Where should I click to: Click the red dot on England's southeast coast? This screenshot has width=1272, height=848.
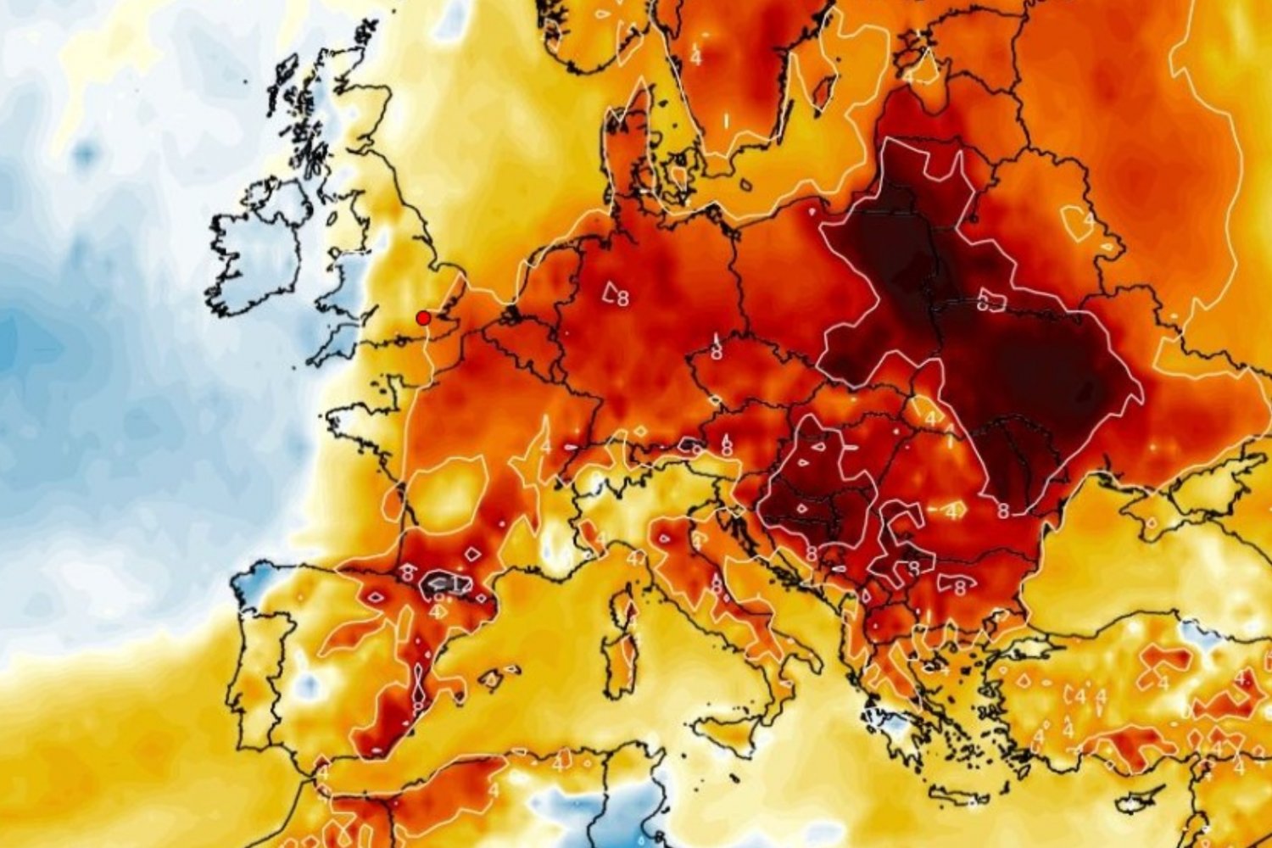422,318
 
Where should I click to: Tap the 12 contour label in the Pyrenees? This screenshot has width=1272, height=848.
459,584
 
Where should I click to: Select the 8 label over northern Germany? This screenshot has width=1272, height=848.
623,298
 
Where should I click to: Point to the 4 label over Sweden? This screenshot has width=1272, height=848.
695,58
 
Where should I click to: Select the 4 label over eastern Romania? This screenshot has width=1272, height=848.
952,511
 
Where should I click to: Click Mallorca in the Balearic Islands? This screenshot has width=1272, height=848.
492,678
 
